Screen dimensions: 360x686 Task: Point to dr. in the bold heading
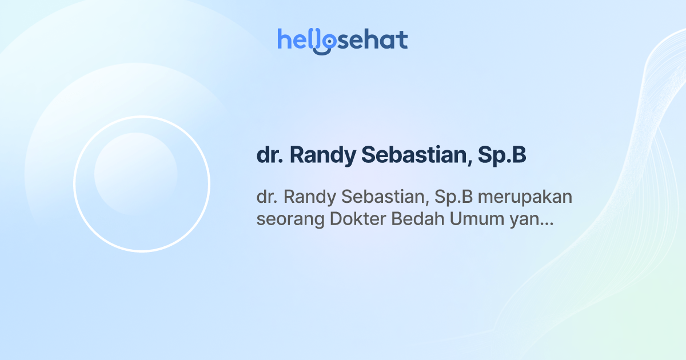[269, 155]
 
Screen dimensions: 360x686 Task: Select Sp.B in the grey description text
[456, 198]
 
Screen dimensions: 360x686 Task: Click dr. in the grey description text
[266, 197]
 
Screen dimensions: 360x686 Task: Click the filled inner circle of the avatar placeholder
[135, 174]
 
